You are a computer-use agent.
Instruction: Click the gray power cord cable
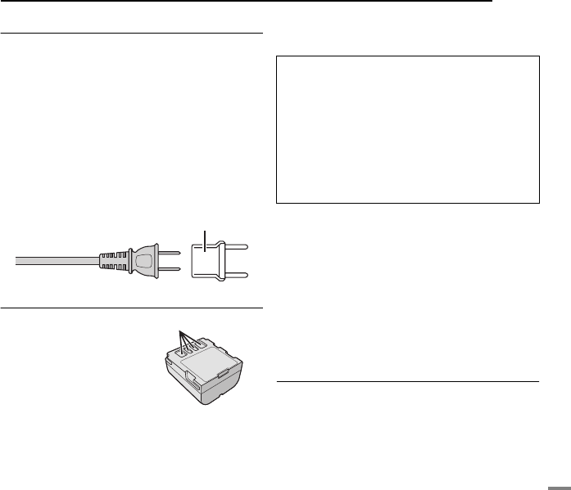point(57,261)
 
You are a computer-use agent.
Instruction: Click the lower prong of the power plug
point(168,270)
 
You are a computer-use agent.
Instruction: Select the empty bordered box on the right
point(407,129)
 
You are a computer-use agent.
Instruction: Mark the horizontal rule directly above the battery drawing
point(131,309)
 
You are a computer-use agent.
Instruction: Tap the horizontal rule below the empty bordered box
point(407,380)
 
